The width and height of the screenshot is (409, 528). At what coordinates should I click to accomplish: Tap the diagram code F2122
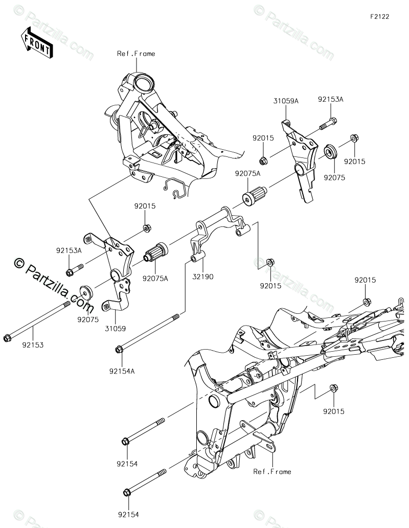tap(380, 16)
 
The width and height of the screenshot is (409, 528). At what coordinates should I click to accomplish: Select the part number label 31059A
tap(286, 101)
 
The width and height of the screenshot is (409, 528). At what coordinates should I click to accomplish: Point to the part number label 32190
tap(203, 277)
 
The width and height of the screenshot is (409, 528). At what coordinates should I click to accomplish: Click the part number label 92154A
tap(122, 371)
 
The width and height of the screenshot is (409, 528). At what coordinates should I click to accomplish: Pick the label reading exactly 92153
tap(33, 345)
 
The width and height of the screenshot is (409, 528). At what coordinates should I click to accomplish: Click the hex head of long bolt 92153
tap(7, 338)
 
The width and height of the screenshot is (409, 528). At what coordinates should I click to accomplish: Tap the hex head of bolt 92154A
tap(119, 350)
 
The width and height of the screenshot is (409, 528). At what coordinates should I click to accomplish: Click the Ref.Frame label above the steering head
tap(136, 54)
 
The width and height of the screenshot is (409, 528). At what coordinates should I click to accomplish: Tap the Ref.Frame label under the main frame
tap(272, 471)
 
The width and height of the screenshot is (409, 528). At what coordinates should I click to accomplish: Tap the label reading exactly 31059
tap(115, 328)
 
